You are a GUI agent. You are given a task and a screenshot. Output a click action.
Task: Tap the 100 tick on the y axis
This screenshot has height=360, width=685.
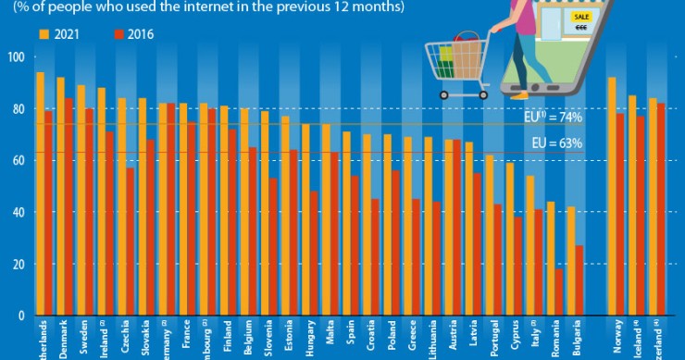[x=15, y=57]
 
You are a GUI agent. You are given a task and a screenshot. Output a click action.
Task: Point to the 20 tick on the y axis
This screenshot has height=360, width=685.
[x=17, y=265]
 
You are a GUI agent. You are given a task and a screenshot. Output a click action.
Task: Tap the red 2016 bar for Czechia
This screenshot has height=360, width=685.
[x=130, y=242]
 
